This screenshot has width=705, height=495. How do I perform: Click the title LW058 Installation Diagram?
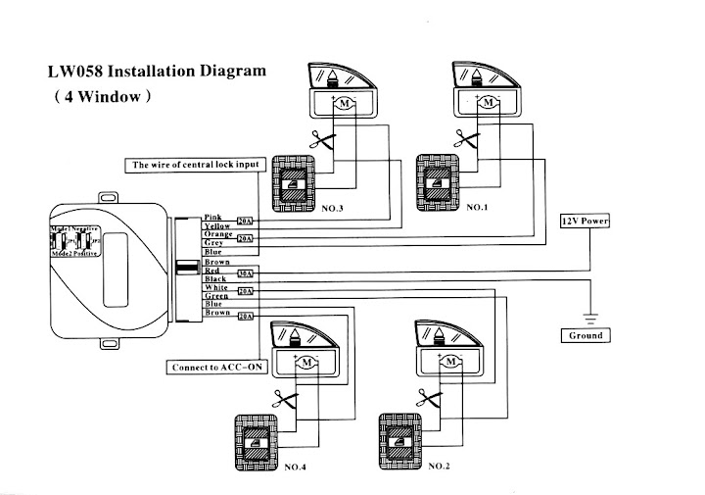point(157,73)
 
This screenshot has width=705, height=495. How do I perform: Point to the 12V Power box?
point(585,222)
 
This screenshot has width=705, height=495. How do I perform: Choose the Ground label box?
point(585,335)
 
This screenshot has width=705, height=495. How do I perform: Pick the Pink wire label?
point(212,218)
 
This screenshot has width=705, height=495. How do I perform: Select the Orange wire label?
point(216,234)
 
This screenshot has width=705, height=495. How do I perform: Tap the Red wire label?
point(212,271)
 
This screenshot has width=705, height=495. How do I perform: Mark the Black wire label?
point(215,279)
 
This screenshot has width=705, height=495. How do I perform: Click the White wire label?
point(215,287)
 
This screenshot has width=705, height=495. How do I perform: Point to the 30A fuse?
point(246,273)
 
